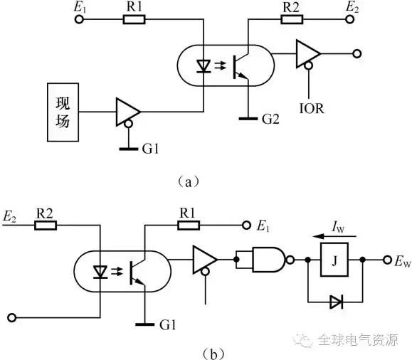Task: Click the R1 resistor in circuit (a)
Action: point(134,19)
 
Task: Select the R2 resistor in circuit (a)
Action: point(292,19)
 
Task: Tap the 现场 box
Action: point(63,112)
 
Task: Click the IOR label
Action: point(312,109)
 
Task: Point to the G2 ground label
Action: point(270,119)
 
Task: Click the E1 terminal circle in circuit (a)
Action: point(79,19)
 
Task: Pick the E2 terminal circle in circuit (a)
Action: point(349,19)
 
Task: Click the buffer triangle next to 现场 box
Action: point(127,112)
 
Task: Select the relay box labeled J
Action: point(334,260)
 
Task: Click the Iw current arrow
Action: point(334,236)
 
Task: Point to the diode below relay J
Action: point(337,302)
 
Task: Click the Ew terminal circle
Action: point(387,260)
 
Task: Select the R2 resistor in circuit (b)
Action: point(46,226)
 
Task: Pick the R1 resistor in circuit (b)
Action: point(189,226)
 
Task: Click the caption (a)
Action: point(189,181)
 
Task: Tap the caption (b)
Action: point(213,354)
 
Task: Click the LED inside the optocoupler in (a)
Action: point(204,66)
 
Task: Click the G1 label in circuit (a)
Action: point(151,149)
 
